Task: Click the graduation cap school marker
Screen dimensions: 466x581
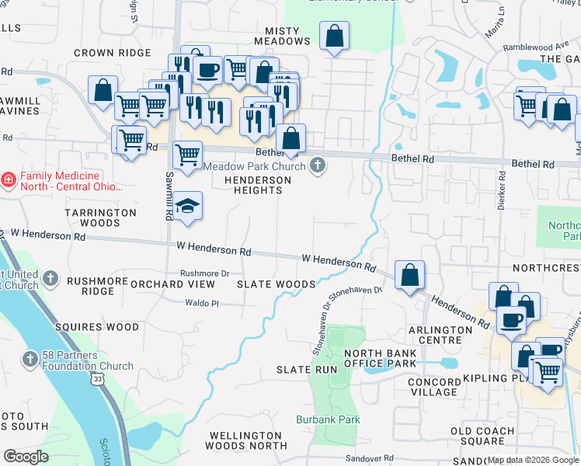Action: point(187,206)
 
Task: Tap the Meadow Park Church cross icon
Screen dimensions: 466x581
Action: point(317,165)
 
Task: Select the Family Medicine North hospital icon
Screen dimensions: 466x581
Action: point(9,180)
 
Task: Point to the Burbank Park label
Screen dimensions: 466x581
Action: point(328,419)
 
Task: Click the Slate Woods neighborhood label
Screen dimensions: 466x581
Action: point(277,284)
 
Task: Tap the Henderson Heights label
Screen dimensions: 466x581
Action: point(257,185)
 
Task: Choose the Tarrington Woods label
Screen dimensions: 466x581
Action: point(100,217)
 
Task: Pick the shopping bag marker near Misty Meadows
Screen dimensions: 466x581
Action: point(334,36)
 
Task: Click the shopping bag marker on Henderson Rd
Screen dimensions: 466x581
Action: point(409,275)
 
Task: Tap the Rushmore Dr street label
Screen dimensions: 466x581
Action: point(205,273)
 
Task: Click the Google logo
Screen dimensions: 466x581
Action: point(26,457)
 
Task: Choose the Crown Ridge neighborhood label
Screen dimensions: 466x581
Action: point(112,53)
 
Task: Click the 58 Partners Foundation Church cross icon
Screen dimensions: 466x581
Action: point(30,359)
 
